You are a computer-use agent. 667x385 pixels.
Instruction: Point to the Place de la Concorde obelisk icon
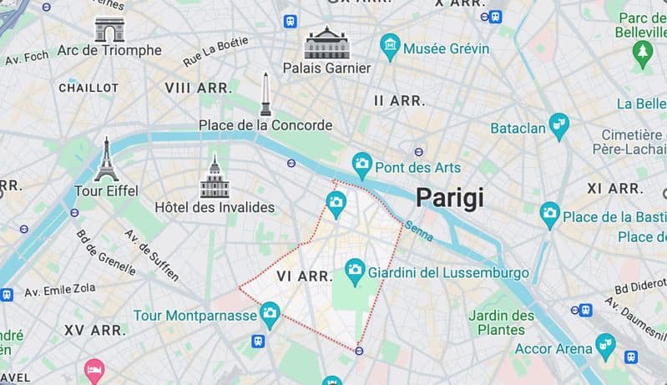coord(265,94)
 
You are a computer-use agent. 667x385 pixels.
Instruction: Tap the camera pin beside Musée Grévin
coord(389,44)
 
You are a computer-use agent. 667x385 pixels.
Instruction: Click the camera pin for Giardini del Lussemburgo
coord(355,269)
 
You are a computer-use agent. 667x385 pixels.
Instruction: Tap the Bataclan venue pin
coord(558,124)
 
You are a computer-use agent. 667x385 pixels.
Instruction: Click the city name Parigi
coord(450,197)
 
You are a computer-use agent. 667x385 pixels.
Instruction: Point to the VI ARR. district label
coord(305,276)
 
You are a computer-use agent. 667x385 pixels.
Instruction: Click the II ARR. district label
coord(399,100)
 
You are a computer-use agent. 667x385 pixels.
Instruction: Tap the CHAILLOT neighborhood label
coord(88,88)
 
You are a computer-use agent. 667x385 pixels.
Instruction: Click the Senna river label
coord(418,230)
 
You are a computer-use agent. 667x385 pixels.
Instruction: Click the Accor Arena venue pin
coord(605,344)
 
